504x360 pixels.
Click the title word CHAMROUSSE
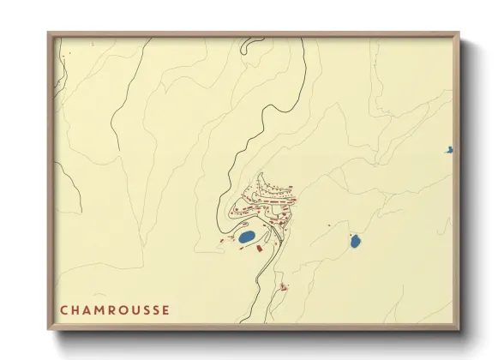114,310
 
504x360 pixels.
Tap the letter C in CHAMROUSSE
63,310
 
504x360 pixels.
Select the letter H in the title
75,310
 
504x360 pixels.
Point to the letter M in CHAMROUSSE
100,310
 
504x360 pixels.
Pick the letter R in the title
113,310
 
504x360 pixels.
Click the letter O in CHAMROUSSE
125,310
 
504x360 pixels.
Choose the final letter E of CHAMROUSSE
165,310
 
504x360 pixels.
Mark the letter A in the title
87,310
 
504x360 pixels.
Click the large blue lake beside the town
246,236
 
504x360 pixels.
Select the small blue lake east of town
355,242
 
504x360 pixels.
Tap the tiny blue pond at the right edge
448,151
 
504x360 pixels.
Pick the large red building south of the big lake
259,248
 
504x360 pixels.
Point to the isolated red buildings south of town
284,287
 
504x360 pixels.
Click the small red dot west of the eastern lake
327,226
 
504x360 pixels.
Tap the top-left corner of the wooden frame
49,34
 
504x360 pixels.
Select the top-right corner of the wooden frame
459,34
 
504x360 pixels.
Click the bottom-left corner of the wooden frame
49,328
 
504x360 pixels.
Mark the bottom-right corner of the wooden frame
459,328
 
